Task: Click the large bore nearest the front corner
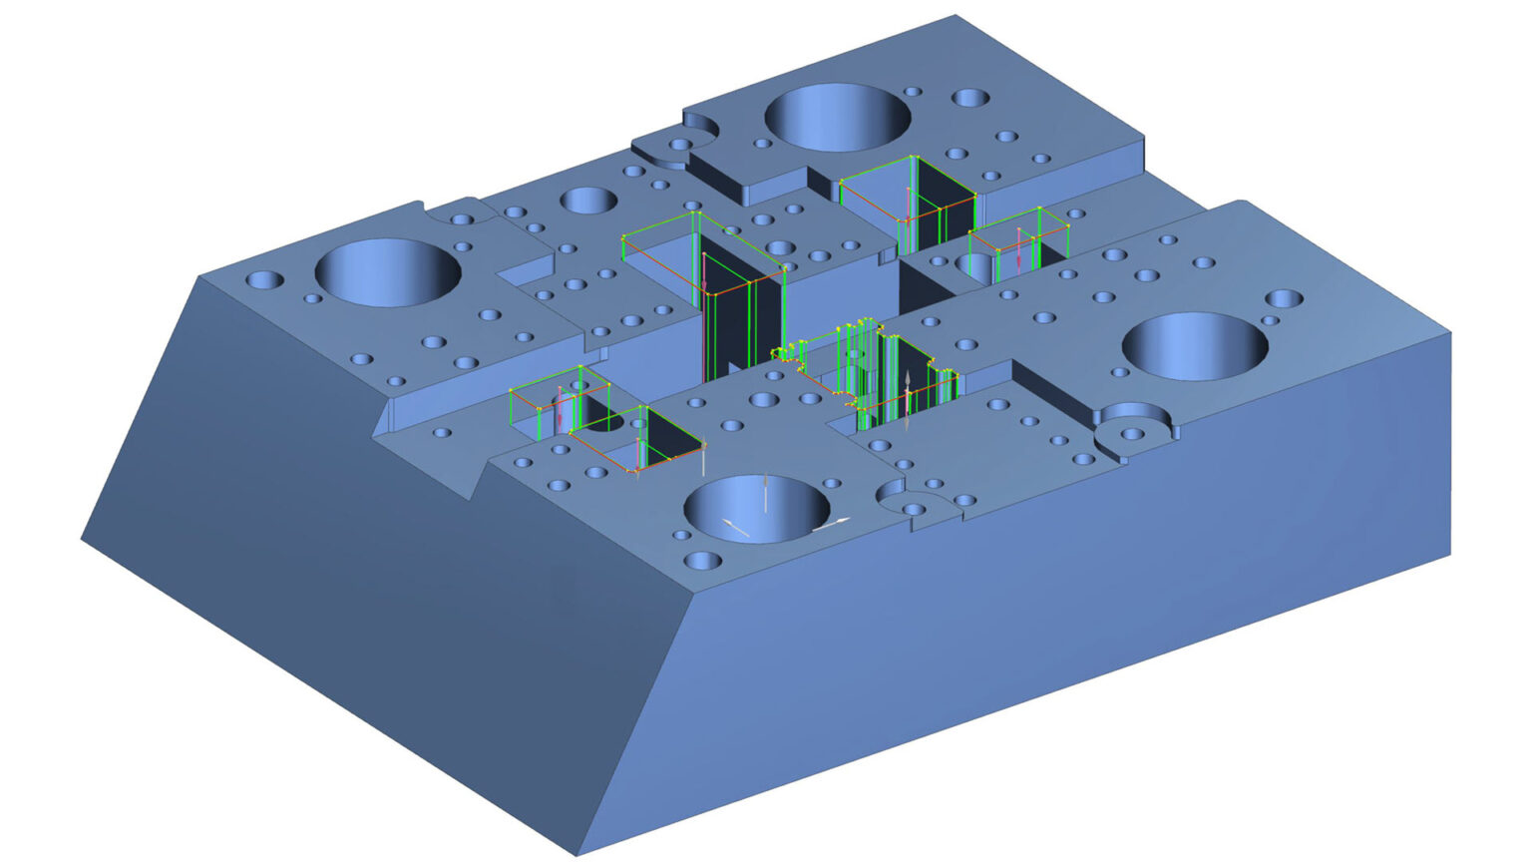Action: click(x=757, y=508)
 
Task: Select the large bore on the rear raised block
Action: click(x=837, y=117)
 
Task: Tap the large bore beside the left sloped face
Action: click(x=388, y=271)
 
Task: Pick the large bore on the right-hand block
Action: click(x=1195, y=345)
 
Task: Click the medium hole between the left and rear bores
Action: click(x=588, y=201)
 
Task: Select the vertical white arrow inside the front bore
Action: click(x=765, y=494)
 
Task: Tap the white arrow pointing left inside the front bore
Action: click(x=736, y=528)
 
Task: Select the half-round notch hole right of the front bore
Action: click(x=914, y=509)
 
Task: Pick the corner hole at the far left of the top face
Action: click(x=265, y=280)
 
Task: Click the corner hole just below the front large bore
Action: click(x=703, y=561)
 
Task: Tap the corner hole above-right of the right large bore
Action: click(x=1284, y=298)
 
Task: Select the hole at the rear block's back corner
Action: click(x=969, y=98)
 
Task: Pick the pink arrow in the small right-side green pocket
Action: click(x=1018, y=247)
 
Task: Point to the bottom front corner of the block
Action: click(x=577, y=854)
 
